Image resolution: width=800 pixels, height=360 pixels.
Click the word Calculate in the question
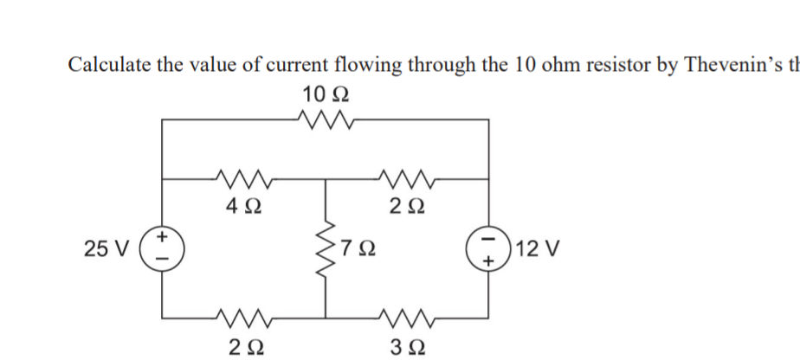pos(109,66)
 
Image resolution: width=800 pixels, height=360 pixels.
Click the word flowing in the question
pos(345,66)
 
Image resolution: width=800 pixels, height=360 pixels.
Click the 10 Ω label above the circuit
pos(326,93)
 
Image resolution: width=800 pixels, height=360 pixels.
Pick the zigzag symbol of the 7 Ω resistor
pos(326,251)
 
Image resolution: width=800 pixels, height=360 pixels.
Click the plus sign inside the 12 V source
pos(489,260)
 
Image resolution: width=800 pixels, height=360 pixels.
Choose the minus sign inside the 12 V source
pos(489,239)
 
